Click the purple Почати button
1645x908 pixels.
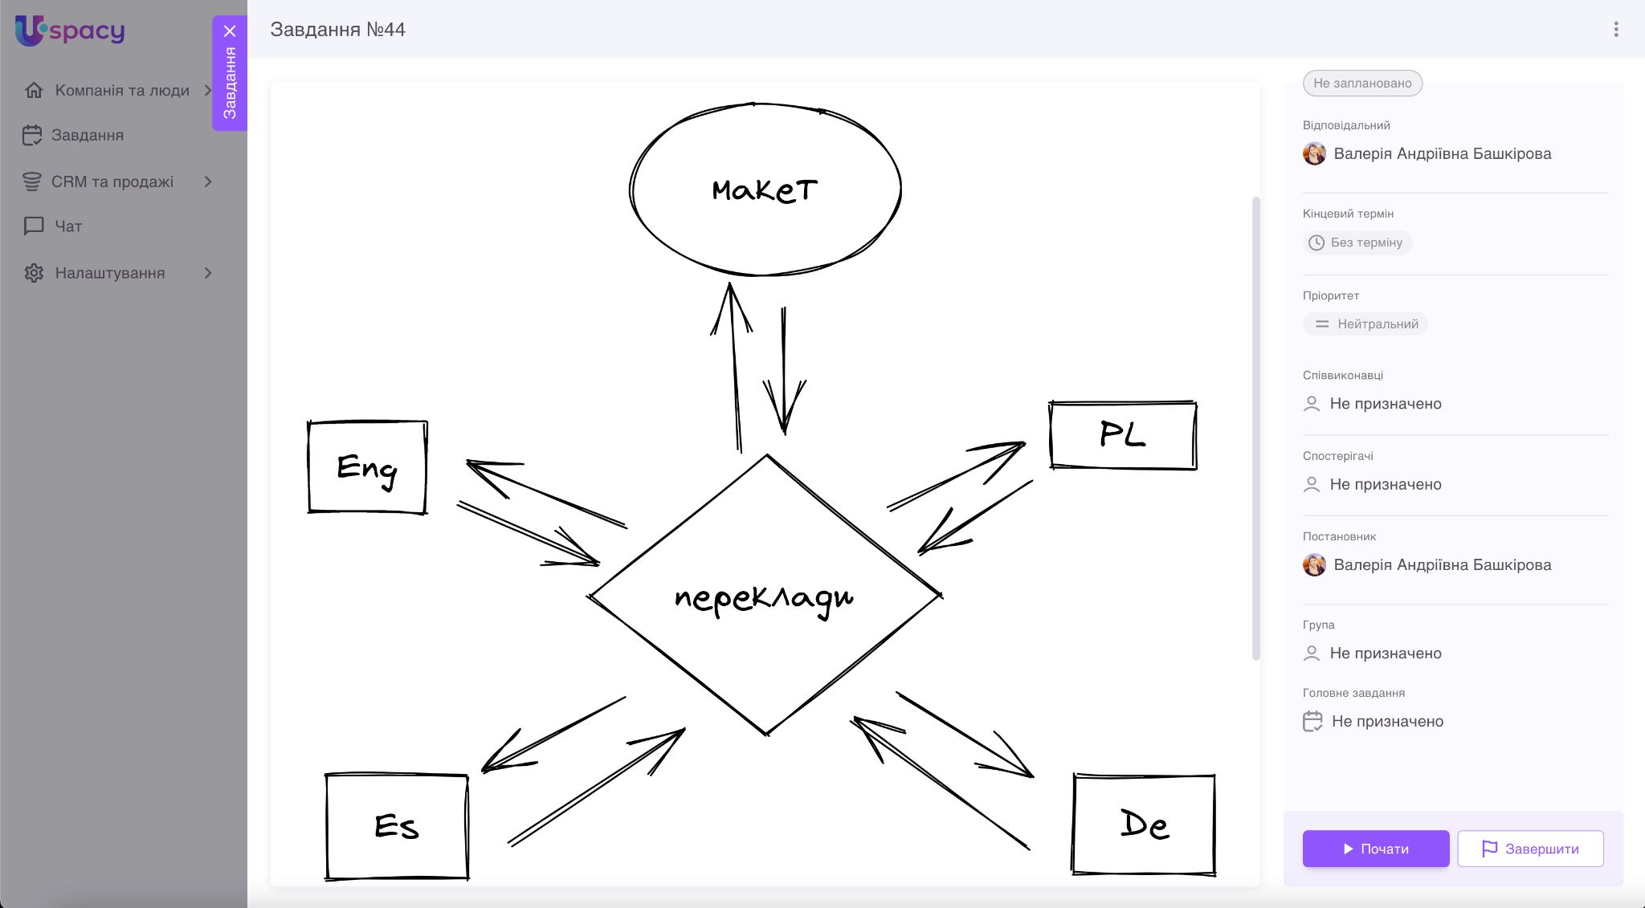click(x=1375, y=849)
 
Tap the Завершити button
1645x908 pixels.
click(x=1530, y=849)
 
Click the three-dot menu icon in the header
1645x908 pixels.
click(x=1616, y=30)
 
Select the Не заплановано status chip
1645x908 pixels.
click(x=1362, y=83)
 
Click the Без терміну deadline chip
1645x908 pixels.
click(x=1357, y=242)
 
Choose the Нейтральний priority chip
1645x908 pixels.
click(x=1365, y=324)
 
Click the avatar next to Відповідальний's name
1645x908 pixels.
click(x=1314, y=153)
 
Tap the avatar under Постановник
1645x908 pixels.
click(x=1314, y=565)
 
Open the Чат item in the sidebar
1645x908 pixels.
click(x=68, y=226)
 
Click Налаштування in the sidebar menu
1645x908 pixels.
click(x=110, y=273)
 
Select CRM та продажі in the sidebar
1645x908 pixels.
click(x=112, y=181)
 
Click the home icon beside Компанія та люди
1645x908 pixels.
click(x=34, y=90)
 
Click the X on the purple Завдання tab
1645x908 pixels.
click(x=230, y=31)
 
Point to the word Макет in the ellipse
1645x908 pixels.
click(x=765, y=190)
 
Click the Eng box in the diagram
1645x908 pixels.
click(x=367, y=467)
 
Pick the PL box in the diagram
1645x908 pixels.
click(x=1122, y=435)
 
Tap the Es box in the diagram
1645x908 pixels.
click(x=397, y=826)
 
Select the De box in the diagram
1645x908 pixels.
click(x=1144, y=825)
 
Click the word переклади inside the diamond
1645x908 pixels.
click(x=764, y=598)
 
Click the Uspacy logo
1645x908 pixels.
click(x=71, y=31)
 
